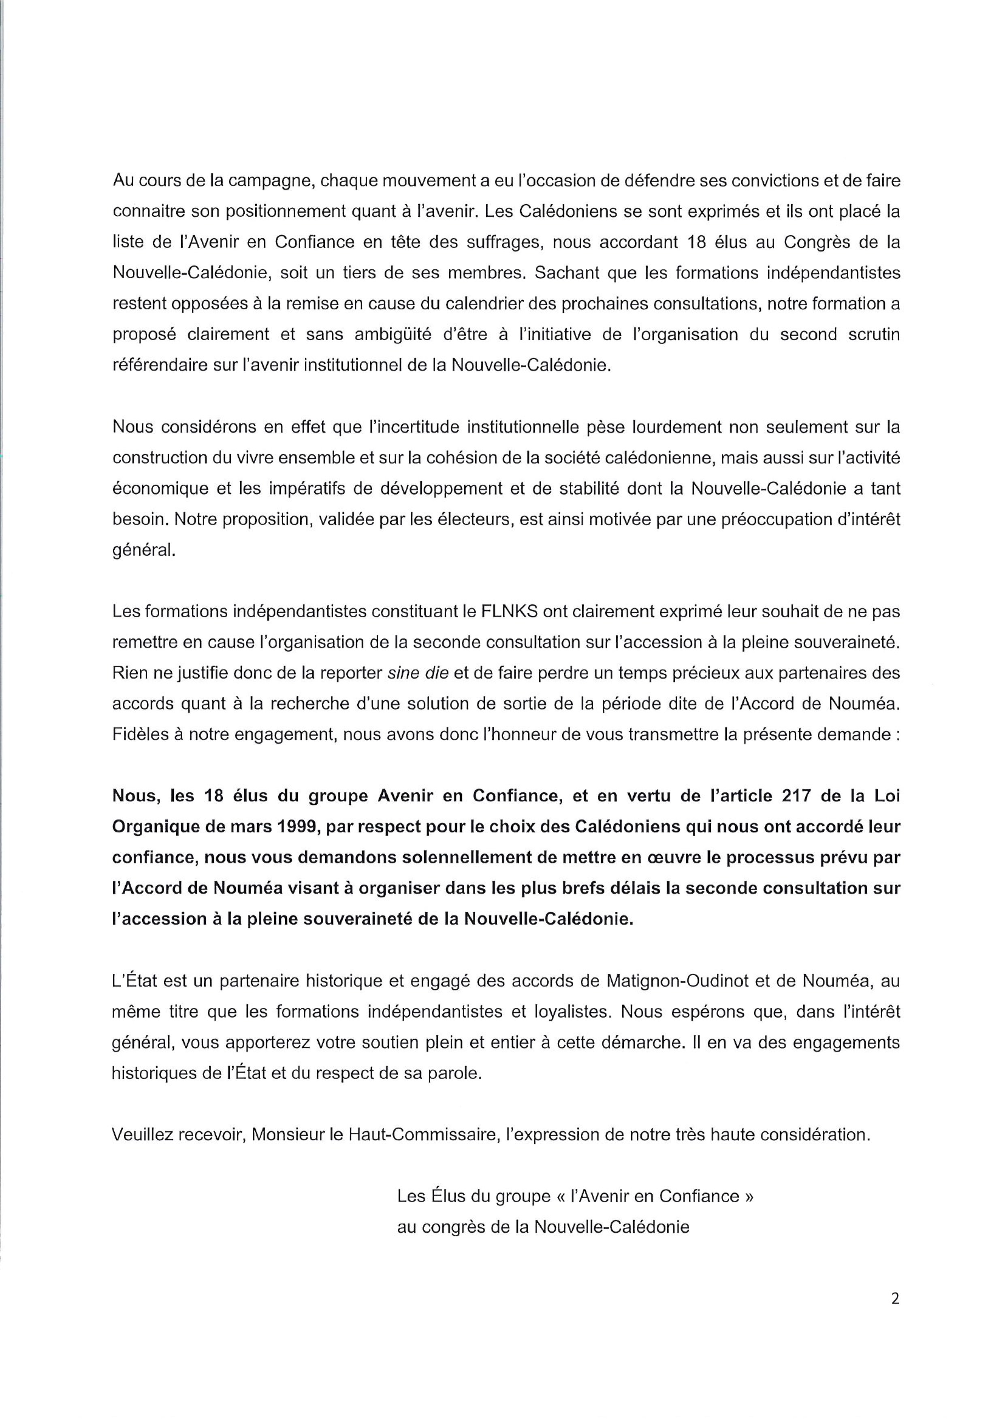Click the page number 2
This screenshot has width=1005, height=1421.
coord(895,1316)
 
